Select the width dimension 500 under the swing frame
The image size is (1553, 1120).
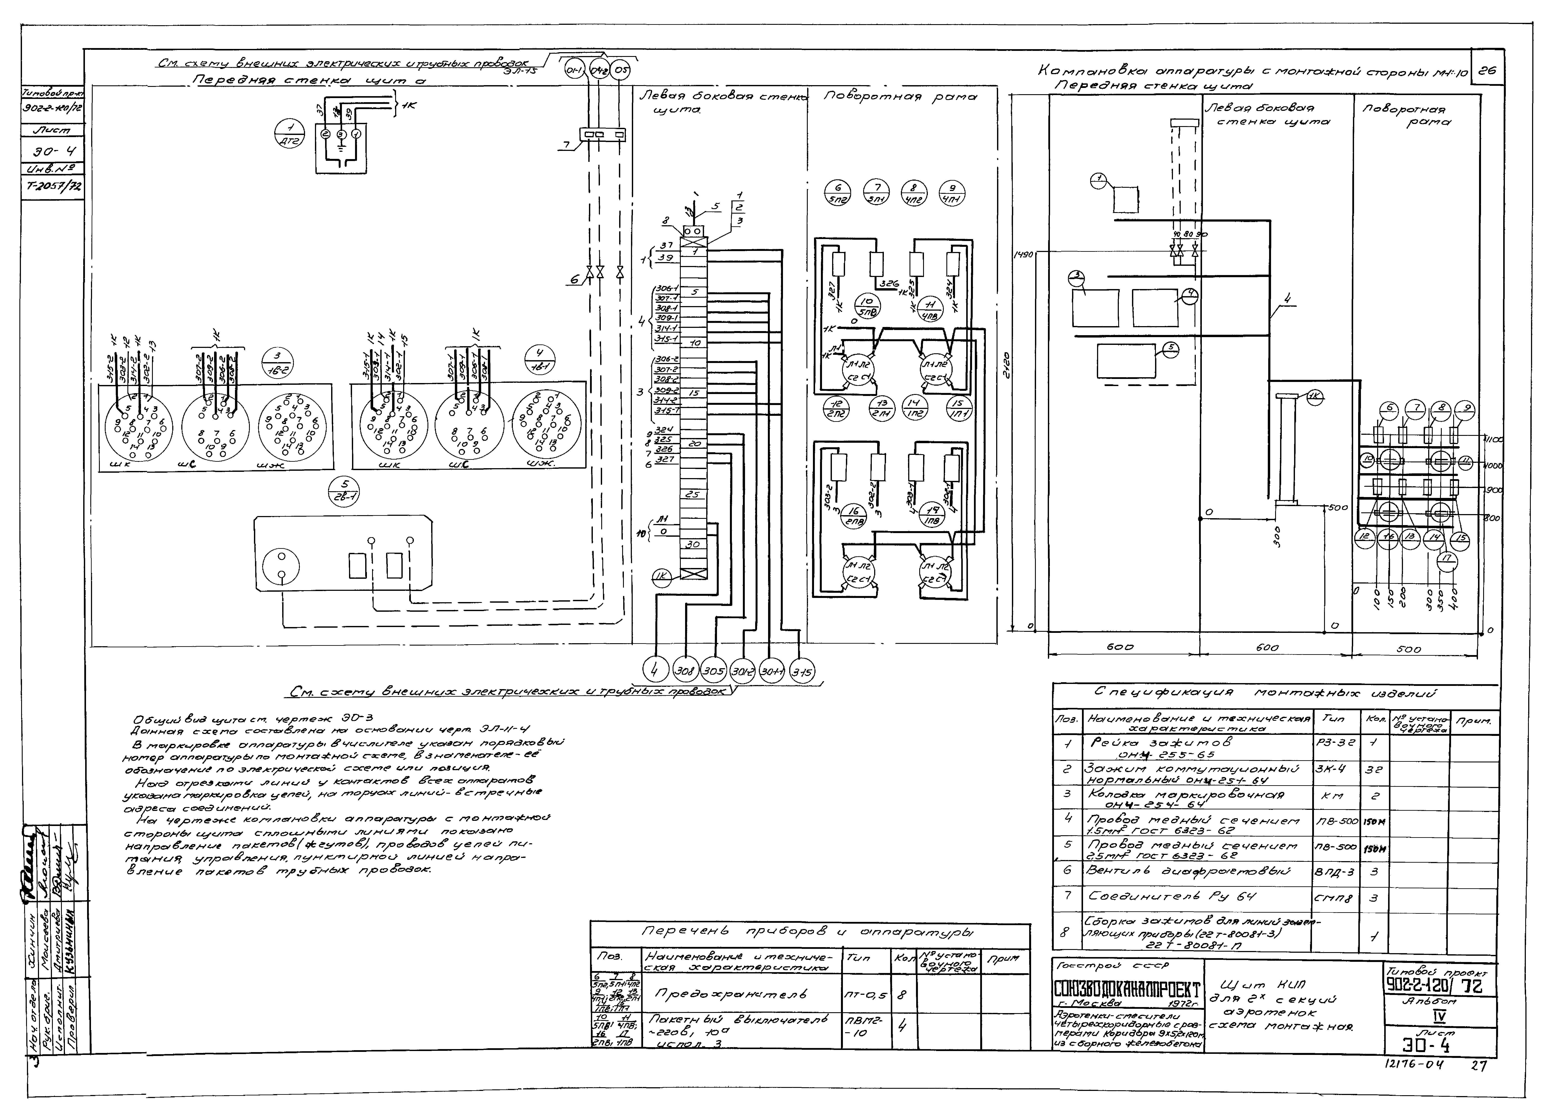coord(1409,649)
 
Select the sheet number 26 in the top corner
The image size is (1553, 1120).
coord(1487,70)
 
